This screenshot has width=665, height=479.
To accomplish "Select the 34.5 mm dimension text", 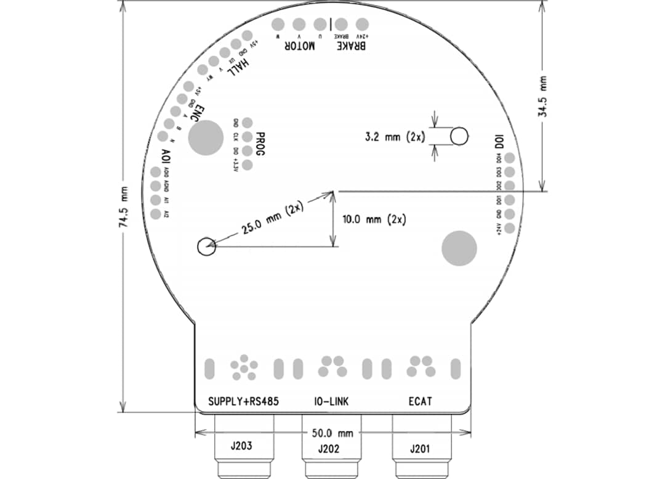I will pos(542,97).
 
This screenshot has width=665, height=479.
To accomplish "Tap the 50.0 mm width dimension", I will pos(332,433).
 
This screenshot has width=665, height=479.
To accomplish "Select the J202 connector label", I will pos(329,449).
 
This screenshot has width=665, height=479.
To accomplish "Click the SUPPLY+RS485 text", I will pos(244,401).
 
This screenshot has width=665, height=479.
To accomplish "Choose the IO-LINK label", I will pos(330,401).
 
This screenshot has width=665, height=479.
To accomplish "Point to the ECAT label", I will pos(420,401).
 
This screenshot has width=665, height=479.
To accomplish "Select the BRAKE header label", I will pos(351,47).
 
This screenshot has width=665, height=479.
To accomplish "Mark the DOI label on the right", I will pos(500,140).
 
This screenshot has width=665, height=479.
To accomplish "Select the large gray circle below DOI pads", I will pos(459,248).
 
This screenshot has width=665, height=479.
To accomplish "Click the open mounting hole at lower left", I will pos(206,246).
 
